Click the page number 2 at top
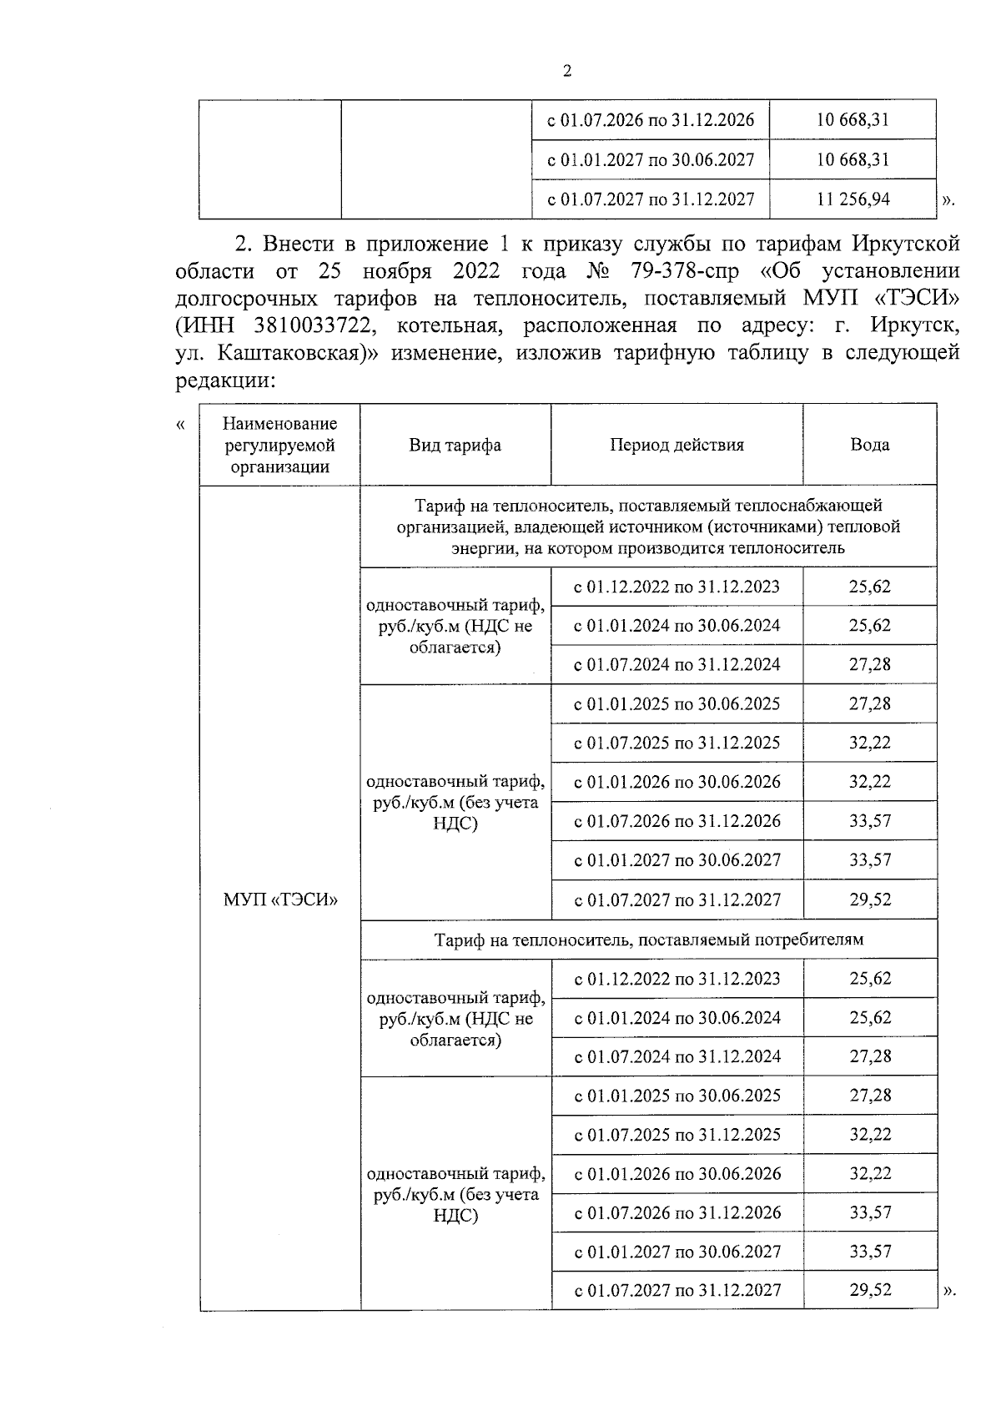(x=567, y=72)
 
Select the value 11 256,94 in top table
(x=853, y=199)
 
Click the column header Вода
(x=869, y=445)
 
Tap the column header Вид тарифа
(x=455, y=445)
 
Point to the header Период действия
(x=677, y=445)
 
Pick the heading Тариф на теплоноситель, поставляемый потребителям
(x=648, y=940)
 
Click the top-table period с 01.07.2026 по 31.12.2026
(x=651, y=120)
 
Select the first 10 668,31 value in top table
(x=853, y=120)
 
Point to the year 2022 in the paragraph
(x=477, y=271)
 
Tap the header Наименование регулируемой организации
(x=280, y=445)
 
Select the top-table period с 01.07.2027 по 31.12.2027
(x=651, y=199)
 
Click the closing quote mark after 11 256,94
(x=947, y=200)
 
